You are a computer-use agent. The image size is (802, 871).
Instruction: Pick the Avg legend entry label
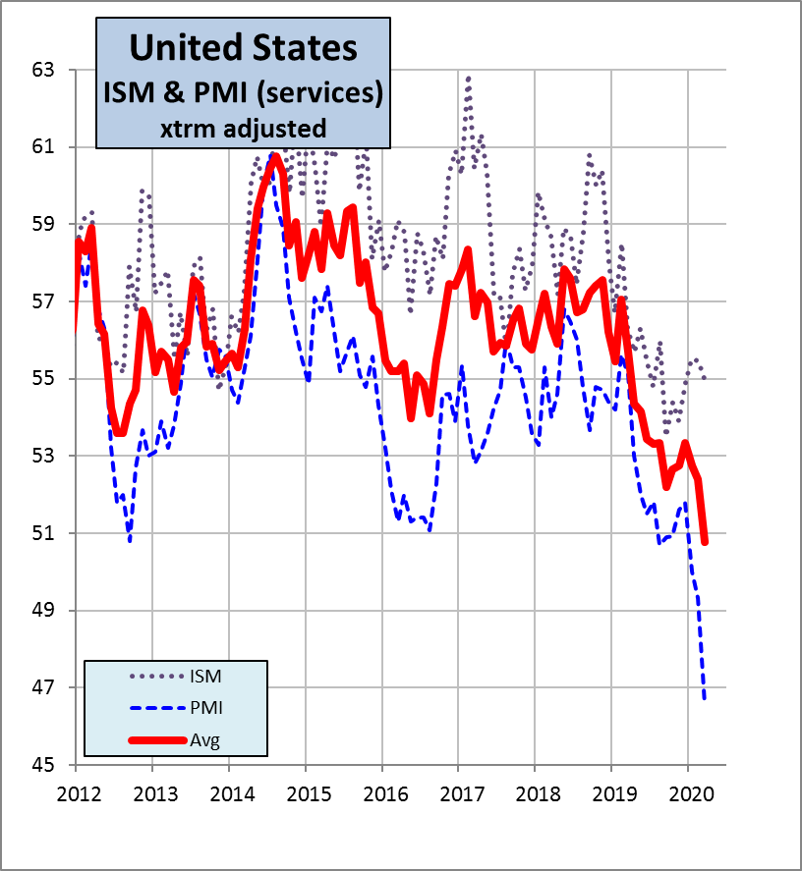click(x=205, y=739)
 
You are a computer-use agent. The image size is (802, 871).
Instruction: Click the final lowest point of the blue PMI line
click(x=705, y=699)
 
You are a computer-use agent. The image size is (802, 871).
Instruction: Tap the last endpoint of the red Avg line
click(x=705, y=542)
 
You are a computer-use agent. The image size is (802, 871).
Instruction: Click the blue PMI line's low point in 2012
click(x=130, y=539)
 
